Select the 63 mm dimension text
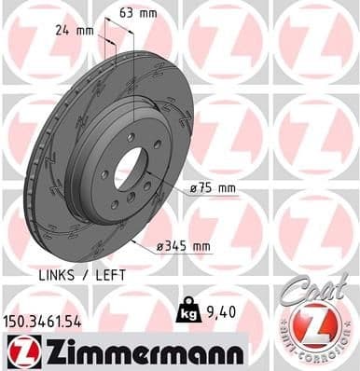point(139,13)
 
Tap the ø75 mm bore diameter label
point(213,187)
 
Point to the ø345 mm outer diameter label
point(184,246)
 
